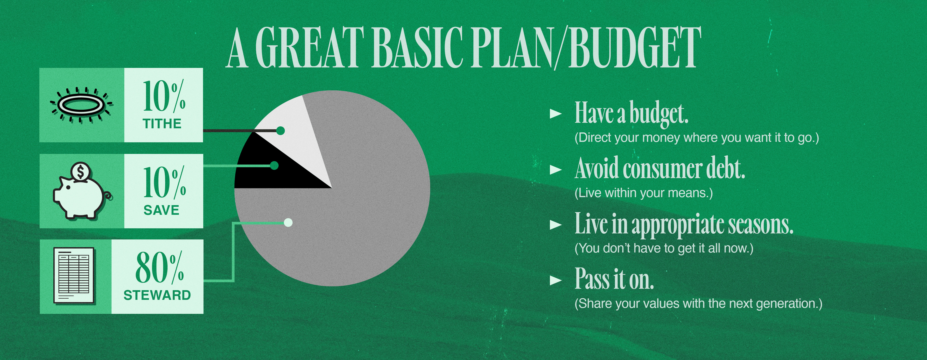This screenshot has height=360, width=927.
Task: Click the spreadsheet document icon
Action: pyautogui.click(x=74, y=276)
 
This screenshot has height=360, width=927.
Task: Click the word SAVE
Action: pyautogui.click(x=161, y=210)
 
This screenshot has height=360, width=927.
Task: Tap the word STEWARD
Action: pyautogui.click(x=157, y=295)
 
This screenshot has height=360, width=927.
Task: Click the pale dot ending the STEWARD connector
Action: pyautogui.click(x=288, y=223)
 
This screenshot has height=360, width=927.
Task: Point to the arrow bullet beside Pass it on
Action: pyautogui.click(x=556, y=281)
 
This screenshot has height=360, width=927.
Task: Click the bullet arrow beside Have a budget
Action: pyautogui.click(x=556, y=114)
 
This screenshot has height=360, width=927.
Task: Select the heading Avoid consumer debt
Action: pyautogui.click(x=660, y=168)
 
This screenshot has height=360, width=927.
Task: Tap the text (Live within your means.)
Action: pyautogui.click(x=643, y=193)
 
